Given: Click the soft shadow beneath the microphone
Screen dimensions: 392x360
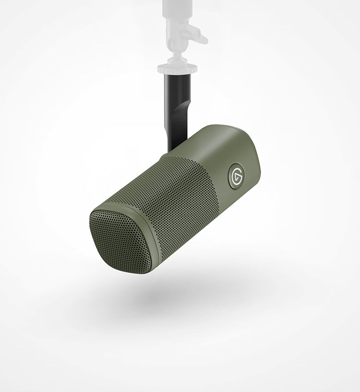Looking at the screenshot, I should click(x=182, y=293).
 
